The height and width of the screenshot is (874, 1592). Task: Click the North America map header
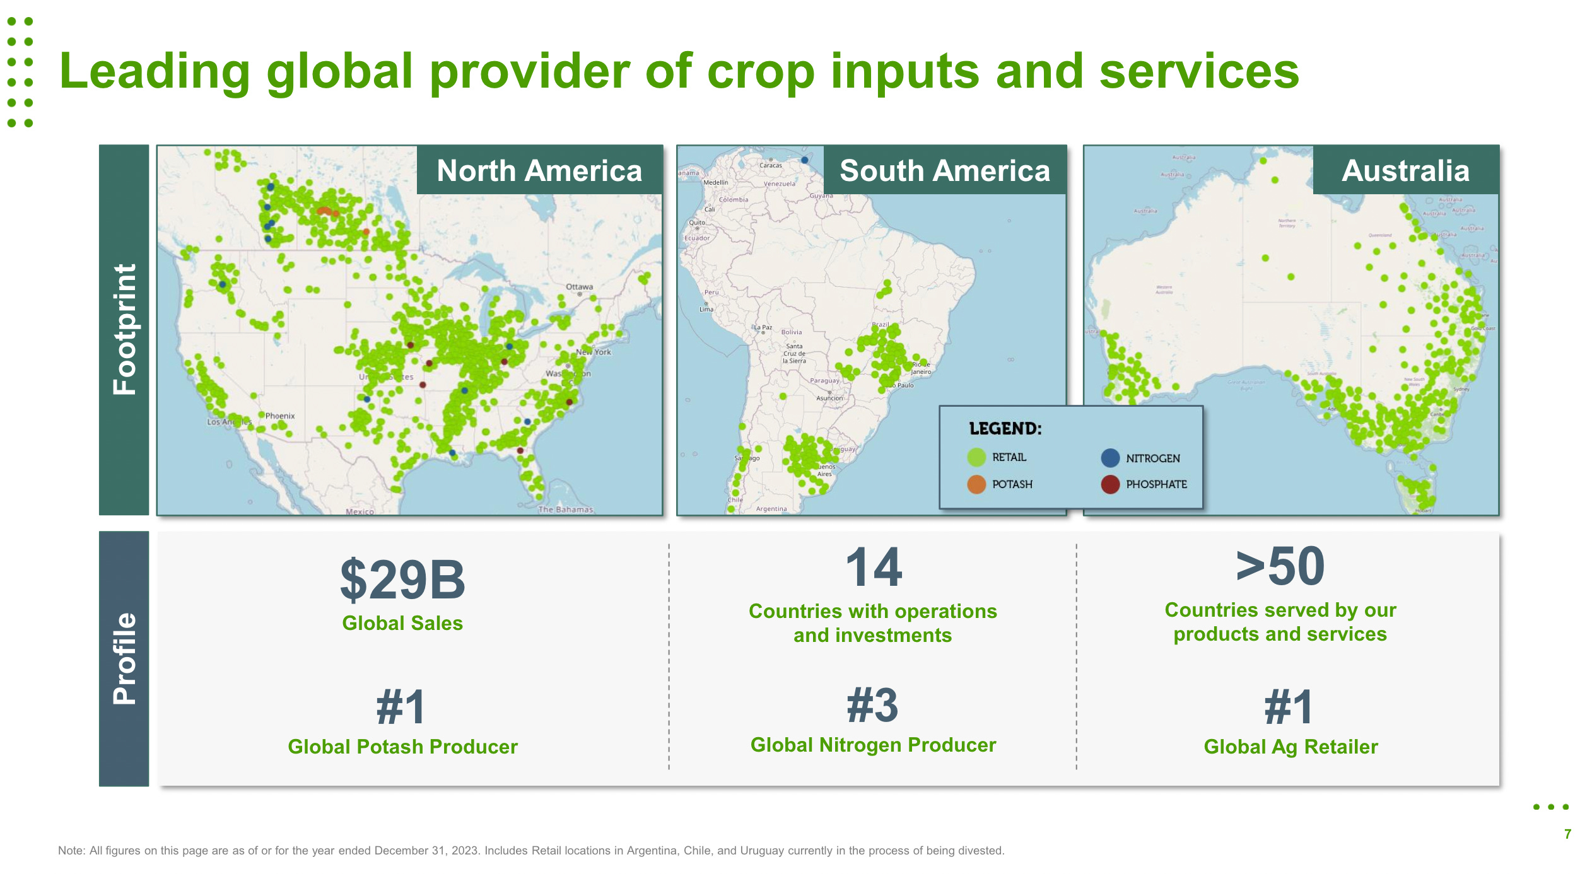click(539, 170)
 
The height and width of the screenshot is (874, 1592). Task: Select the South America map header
click(944, 170)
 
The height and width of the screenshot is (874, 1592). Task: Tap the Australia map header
click(1405, 170)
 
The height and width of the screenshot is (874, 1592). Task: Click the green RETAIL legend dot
click(976, 457)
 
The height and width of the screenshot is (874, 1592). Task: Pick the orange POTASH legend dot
click(976, 484)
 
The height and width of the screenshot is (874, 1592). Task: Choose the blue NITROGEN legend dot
click(1110, 458)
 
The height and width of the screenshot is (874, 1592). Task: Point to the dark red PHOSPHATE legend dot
click(1110, 484)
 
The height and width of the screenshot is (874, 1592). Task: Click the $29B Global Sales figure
click(402, 580)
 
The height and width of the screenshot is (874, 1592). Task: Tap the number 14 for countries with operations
click(873, 567)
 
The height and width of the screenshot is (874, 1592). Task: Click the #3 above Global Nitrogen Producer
click(873, 705)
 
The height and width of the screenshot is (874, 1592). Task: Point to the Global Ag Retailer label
click(1291, 747)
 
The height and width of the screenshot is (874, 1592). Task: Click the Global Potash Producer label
click(402, 747)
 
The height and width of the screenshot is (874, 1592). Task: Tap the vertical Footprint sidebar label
click(124, 330)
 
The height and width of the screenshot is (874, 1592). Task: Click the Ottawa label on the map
click(579, 287)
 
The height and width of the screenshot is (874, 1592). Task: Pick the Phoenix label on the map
click(279, 416)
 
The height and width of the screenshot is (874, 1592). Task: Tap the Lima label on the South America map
click(706, 309)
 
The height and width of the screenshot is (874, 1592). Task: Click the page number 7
click(1567, 834)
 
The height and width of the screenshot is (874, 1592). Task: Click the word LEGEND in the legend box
click(1005, 429)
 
